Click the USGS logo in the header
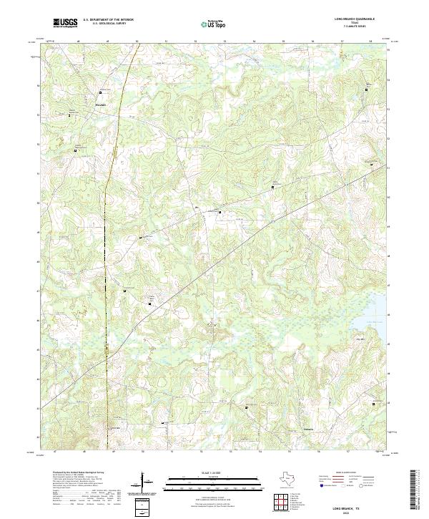point(65,23)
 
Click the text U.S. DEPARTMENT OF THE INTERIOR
point(108,20)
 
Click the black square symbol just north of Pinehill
point(100,92)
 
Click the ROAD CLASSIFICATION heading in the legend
point(349,473)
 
